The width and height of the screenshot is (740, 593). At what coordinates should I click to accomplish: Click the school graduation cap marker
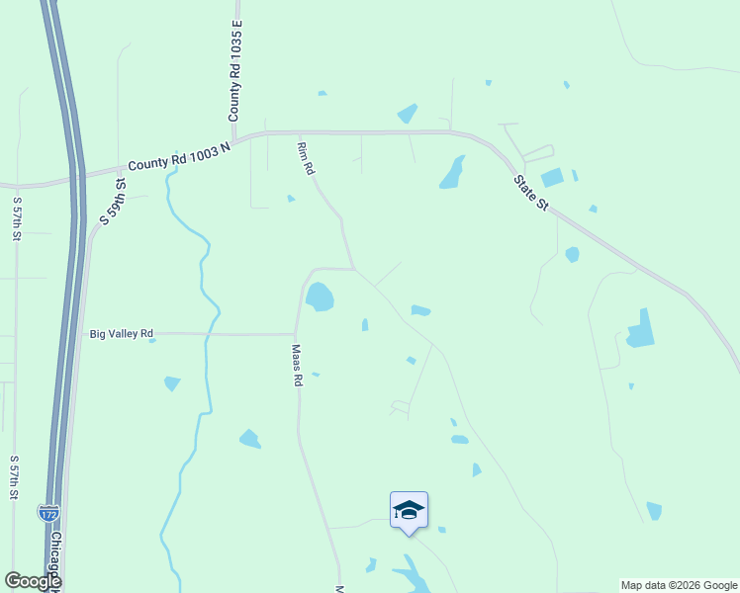click(409, 511)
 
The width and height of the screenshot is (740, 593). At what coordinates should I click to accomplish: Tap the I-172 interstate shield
click(47, 513)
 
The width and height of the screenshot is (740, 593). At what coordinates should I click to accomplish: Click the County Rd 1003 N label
click(178, 156)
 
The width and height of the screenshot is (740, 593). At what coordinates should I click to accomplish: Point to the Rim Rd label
click(306, 158)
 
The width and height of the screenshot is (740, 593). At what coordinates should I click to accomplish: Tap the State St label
click(530, 193)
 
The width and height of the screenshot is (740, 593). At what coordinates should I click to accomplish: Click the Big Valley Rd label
click(122, 334)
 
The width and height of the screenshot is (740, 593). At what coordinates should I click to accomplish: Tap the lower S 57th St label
click(14, 476)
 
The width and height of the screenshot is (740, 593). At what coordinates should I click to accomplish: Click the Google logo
click(33, 581)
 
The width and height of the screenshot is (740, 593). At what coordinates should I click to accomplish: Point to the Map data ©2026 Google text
click(679, 585)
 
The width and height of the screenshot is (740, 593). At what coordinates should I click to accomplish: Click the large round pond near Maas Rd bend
click(319, 296)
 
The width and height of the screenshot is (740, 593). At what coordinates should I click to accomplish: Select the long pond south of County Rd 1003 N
click(452, 173)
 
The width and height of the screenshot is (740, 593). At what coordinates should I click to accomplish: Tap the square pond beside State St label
click(552, 178)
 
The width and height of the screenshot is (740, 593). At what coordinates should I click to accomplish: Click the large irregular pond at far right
click(640, 331)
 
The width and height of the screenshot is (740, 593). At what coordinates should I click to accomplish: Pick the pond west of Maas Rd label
click(249, 438)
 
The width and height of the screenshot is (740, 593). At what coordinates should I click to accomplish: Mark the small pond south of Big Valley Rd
click(172, 382)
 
